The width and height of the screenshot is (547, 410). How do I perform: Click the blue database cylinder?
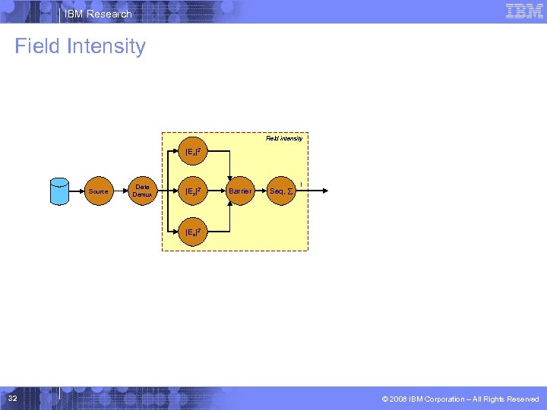(59, 191)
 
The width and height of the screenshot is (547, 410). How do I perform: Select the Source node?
(98, 191)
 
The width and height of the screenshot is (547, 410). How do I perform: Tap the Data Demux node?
(142, 191)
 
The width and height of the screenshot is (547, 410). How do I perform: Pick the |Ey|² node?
(193, 191)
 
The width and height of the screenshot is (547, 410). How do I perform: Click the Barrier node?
(240, 191)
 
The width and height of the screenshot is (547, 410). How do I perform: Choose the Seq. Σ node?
(280, 191)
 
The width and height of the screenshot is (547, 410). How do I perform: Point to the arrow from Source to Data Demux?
(120, 191)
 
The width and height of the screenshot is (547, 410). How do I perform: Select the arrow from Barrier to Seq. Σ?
(261, 191)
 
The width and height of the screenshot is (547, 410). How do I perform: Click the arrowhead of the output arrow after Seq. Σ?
(325, 191)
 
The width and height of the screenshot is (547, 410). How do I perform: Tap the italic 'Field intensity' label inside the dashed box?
(284, 138)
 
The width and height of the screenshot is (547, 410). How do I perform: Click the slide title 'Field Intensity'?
(80, 46)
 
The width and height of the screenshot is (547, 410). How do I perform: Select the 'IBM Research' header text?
(98, 14)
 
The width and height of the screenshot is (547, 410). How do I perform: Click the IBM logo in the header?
(524, 11)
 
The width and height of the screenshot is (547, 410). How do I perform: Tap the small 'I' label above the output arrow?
(302, 184)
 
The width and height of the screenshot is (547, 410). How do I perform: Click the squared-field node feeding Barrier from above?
(193, 152)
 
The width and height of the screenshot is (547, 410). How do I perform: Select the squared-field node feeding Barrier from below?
(193, 231)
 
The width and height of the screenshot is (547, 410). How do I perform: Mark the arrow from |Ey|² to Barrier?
(217, 191)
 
